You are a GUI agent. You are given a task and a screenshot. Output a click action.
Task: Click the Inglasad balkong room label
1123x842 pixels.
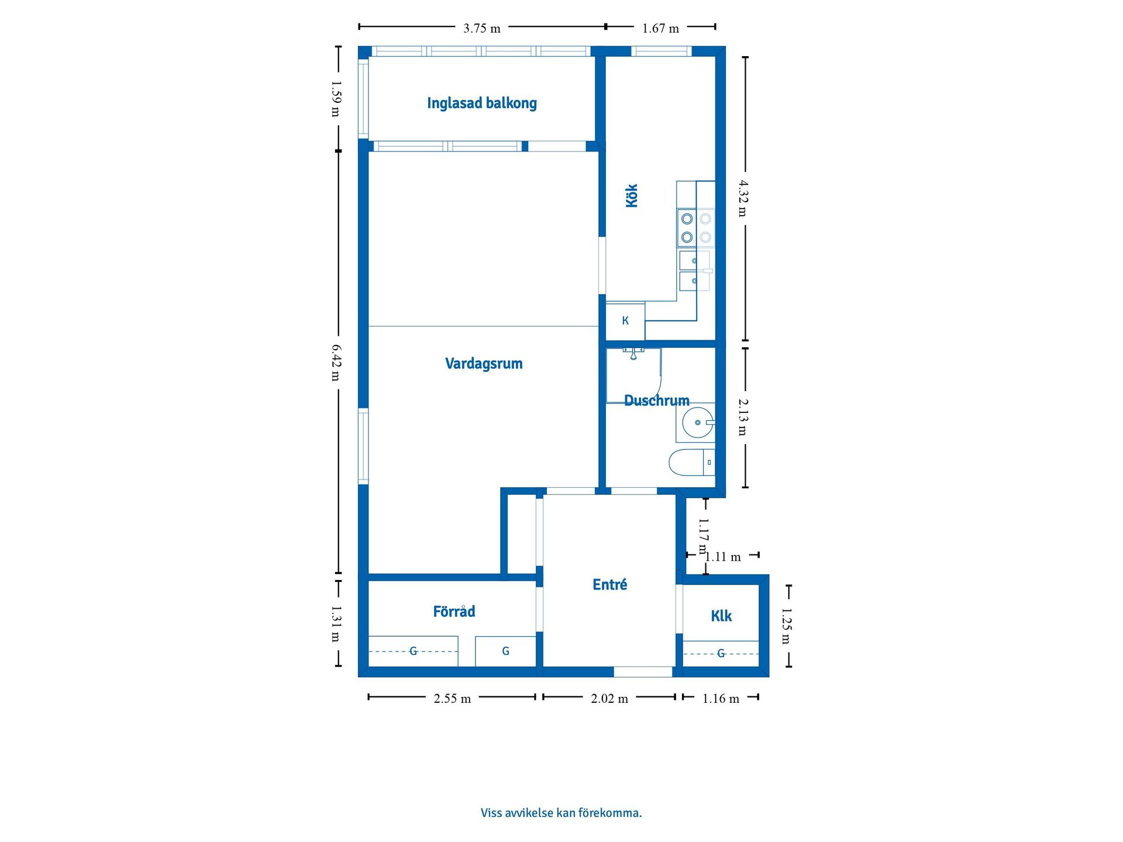point(482,103)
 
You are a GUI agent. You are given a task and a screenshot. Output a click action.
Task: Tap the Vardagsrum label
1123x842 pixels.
point(484,364)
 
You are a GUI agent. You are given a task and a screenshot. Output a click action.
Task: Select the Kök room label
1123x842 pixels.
point(632,195)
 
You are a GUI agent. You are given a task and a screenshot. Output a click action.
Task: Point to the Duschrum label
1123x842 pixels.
point(657,401)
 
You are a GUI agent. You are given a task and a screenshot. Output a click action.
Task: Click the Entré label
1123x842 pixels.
point(609,585)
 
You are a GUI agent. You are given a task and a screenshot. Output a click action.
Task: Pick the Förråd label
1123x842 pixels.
point(454,611)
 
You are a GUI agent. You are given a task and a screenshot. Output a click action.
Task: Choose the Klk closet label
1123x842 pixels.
point(721,616)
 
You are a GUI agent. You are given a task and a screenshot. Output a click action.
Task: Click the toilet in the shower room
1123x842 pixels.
point(691,462)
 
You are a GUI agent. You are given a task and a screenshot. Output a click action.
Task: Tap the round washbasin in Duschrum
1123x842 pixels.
point(698,422)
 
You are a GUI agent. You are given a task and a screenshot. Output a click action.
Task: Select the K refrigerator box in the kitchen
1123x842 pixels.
point(625,321)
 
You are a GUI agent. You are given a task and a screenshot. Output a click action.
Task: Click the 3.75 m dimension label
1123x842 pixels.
point(482,28)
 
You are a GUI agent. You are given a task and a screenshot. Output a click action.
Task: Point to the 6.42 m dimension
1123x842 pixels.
point(336,363)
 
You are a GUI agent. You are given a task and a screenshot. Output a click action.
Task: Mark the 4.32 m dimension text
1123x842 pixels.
point(743,198)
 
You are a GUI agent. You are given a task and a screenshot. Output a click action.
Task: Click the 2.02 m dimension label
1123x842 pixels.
point(609,698)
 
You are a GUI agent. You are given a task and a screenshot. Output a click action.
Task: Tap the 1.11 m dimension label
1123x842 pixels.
point(722,557)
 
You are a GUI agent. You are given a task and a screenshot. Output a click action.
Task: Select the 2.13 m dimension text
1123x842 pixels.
point(743,417)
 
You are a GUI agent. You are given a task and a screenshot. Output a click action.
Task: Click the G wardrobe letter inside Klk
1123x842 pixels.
point(721,653)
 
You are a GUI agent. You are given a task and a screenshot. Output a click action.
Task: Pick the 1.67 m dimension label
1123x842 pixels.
point(660,28)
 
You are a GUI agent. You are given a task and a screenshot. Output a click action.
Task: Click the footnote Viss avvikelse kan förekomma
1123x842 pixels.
point(561,813)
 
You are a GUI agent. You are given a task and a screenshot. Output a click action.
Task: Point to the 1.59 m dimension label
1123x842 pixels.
point(336,99)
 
